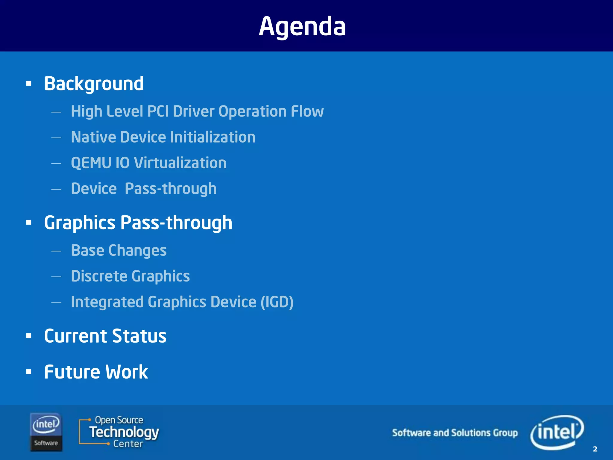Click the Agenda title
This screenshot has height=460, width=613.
302,26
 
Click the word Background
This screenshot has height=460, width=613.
94,84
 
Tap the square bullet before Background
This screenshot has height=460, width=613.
29,84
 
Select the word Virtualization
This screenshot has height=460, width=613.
180,163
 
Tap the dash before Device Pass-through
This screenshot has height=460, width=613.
56,189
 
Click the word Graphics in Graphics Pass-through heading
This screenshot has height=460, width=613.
80,223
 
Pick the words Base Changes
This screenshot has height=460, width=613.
119,250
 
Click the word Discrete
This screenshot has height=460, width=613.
99,276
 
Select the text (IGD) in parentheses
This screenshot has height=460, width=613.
277,302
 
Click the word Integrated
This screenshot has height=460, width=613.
107,302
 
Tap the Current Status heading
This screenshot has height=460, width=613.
105,336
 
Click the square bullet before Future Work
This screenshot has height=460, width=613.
29,372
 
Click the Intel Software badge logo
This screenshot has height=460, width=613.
46,432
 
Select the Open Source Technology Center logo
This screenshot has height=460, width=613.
119,432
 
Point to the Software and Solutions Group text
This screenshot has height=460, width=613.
455,433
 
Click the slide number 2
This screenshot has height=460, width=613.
595,449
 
